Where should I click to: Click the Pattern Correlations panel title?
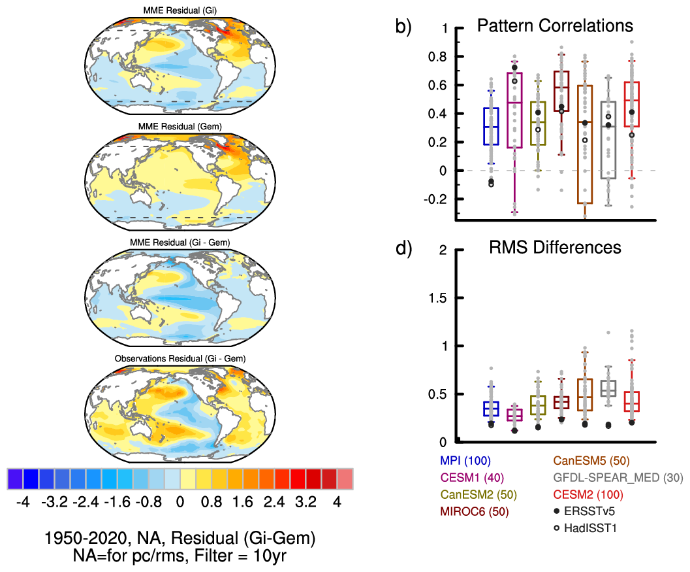(554, 25)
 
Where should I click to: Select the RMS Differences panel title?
(555, 248)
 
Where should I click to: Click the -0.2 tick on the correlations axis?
(435, 199)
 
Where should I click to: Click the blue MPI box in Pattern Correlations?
(491, 126)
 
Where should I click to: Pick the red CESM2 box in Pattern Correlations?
(632, 105)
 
